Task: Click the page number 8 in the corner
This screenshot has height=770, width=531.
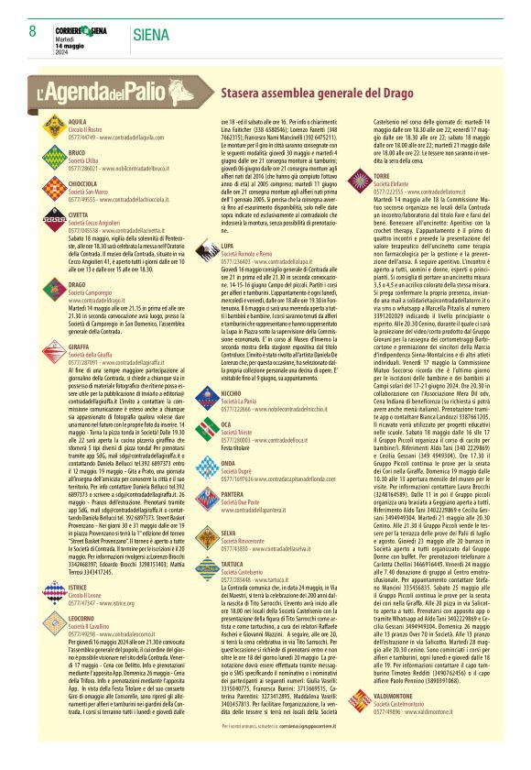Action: pos(32,31)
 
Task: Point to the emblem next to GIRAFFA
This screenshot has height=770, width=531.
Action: pos(53,352)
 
